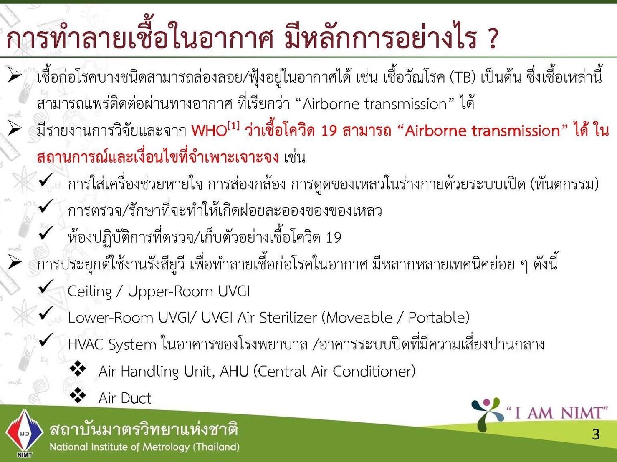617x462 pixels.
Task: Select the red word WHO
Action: click(x=209, y=131)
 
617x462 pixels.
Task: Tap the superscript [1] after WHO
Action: click(x=233, y=126)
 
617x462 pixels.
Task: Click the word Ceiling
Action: click(x=90, y=291)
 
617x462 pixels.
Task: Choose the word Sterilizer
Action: click(x=288, y=318)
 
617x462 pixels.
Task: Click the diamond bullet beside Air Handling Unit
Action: click(x=78, y=368)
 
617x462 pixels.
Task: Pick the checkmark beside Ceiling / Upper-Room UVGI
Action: click(x=46, y=287)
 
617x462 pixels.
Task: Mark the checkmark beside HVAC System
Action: click(x=46, y=340)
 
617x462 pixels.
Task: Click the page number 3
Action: click(x=596, y=434)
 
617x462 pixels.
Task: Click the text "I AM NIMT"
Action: click(x=557, y=413)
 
